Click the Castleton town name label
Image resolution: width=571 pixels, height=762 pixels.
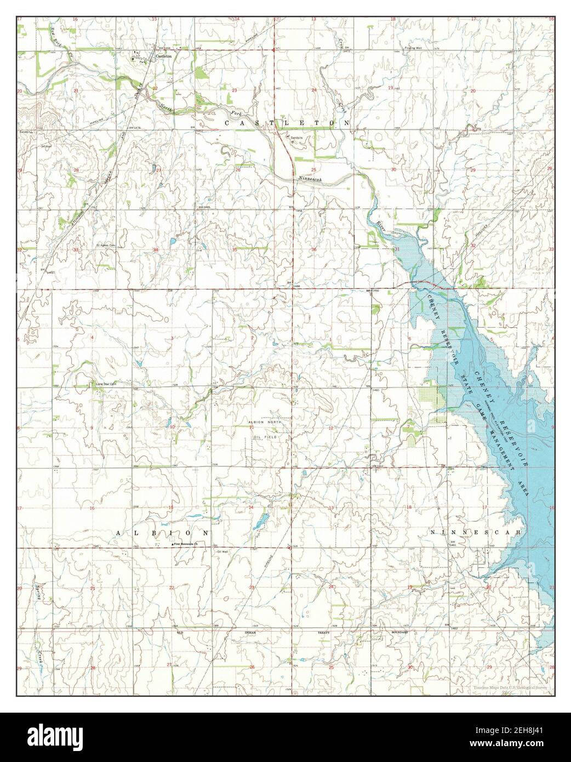pyautogui.click(x=164, y=56)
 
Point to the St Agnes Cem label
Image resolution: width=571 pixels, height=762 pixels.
pyautogui.click(x=106, y=245)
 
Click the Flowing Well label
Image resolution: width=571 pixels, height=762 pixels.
pyautogui.click(x=406, y=49)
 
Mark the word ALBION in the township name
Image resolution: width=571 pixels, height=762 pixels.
pyautogui.click(x=162, y=532)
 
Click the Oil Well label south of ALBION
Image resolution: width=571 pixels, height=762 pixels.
pyautogui.click(x=221, y=551)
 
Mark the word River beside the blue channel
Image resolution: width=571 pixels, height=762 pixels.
pyautogui.click(x=381, y=226)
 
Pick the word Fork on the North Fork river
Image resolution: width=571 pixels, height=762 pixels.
pyautogui.click(x=236, y=112)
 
